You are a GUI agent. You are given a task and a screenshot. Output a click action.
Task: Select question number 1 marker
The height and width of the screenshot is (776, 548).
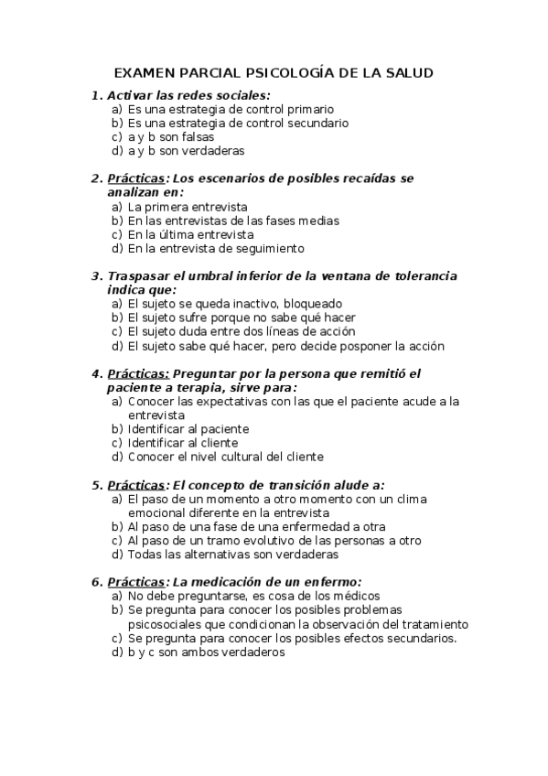coord(96,95)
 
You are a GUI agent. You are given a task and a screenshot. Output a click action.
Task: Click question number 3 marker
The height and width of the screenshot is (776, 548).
coord(96,276)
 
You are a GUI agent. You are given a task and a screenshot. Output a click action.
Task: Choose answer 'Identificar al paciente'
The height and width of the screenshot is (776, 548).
coord(188,428)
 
